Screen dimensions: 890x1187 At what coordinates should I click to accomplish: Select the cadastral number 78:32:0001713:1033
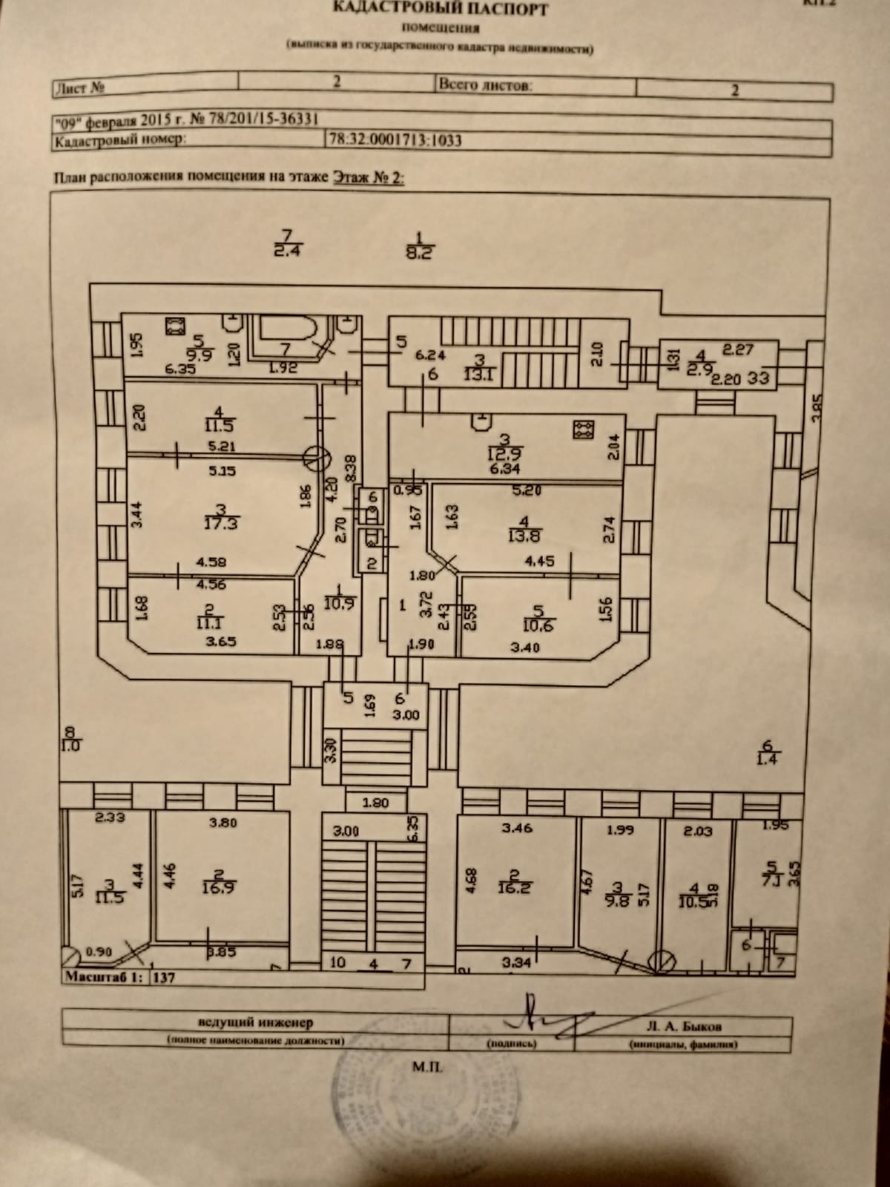(395, 139)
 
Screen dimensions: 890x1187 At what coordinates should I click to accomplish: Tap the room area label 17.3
(221, 523)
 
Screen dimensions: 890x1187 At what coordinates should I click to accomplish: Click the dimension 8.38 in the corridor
(352, 465)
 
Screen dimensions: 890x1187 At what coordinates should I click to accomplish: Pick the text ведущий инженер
(255, 1023)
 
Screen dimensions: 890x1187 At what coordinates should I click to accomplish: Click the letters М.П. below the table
(431, 1067)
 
